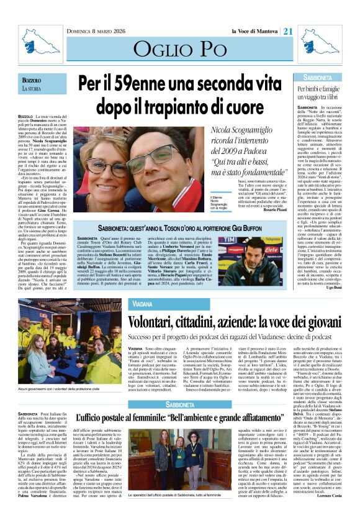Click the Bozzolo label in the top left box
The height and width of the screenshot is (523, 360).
31,81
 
